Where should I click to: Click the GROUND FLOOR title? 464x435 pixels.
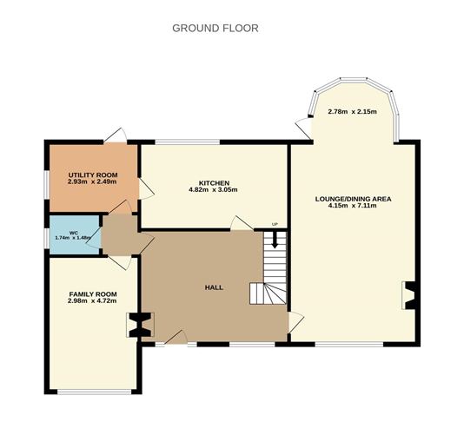(x=215, y=28)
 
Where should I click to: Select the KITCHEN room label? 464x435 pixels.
(x=213, y=183)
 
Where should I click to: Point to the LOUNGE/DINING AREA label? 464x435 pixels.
(x=353, y=199)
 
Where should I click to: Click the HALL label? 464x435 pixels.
(x=213, y=287)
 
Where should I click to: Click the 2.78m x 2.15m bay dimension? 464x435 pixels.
(x=353, y=113)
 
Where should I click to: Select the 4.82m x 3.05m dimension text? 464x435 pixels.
(x=213, y=190)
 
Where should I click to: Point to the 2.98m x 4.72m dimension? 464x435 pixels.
(x=91, y=301)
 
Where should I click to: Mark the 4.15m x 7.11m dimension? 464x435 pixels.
(x=353, y=206)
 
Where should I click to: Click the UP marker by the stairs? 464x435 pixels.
(x=275, y=225)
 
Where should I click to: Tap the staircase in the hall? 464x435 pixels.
(x=271, y=269)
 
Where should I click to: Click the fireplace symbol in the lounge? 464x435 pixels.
(x=408, y=295)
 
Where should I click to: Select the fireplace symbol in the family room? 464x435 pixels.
(x=136, y=325)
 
